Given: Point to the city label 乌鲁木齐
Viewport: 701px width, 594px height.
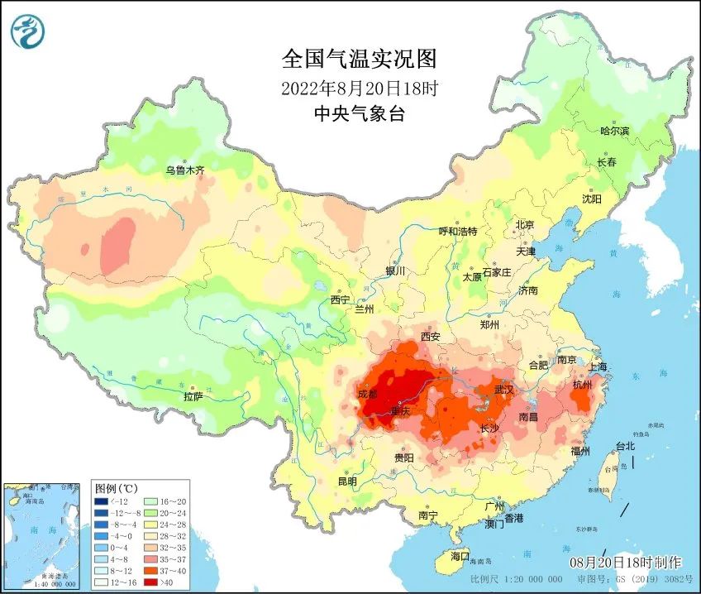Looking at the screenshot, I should pos(184,170).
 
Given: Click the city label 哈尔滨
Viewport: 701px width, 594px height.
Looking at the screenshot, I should pos(614,131).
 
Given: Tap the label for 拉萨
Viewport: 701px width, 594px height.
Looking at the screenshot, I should pos(193,397).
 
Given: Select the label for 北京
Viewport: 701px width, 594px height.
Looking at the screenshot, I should pos(525,224).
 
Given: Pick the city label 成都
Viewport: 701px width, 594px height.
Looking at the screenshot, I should pos(368,394).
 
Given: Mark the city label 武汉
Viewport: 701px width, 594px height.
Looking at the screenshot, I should pos(503,389).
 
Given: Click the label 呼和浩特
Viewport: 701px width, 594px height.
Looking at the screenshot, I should pos(457,232).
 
